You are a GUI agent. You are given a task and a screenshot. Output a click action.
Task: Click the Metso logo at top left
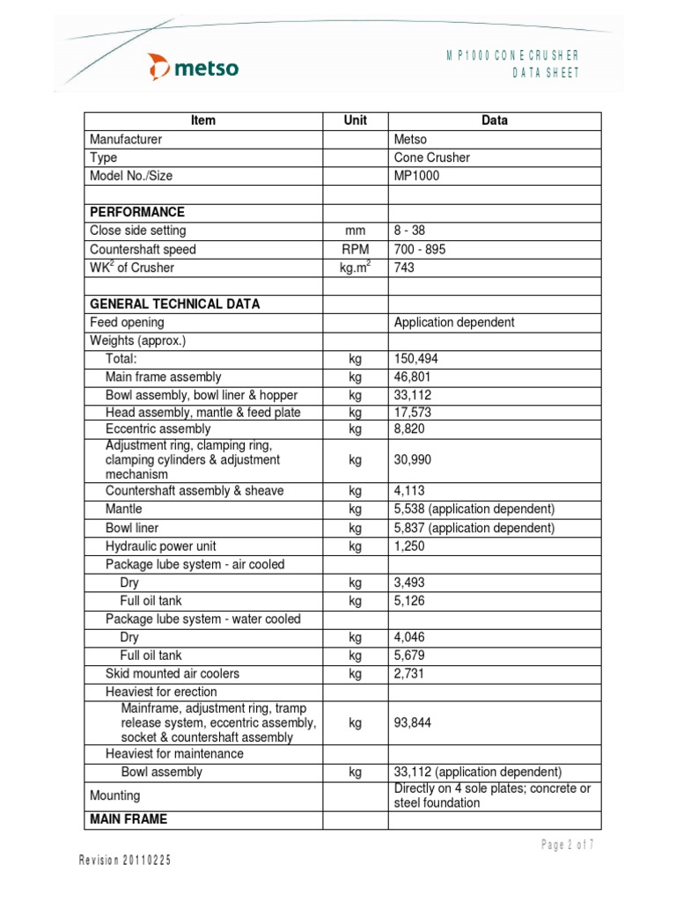click(193, 67)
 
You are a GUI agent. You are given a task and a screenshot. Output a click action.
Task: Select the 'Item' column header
click(202, 121)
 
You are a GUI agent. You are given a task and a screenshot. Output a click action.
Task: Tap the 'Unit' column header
click(355, 121)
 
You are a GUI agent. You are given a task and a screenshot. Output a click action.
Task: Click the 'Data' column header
click(494, 121)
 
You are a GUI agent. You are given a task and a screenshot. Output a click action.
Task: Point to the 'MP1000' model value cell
click(416, 175)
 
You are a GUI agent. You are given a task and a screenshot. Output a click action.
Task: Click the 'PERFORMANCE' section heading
click(137, 212)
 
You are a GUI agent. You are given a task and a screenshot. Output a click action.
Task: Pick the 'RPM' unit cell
click(355, 249)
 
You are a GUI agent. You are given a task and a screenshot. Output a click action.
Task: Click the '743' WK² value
click(405, 267)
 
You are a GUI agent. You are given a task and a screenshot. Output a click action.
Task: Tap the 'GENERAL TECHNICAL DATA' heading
click(174, 304)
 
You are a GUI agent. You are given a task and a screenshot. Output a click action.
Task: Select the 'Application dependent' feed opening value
click(454, 322)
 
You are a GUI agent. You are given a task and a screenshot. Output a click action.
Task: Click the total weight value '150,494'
click(416, 359)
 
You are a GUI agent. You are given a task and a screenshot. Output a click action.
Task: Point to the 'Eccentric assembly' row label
click(158, 429)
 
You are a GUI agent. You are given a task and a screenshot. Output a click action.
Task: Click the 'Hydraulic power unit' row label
click(160, 546)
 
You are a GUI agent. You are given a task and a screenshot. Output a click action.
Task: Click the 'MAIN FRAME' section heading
click(129, 819)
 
